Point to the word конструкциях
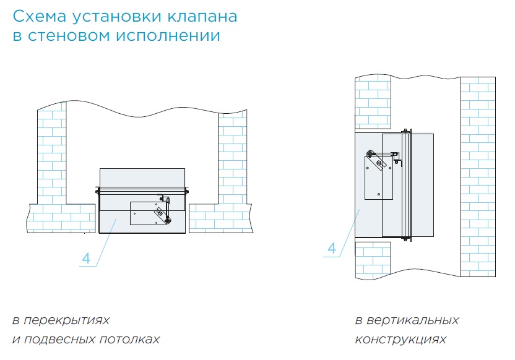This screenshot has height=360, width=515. click(x=400, y=340)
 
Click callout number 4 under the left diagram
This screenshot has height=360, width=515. click(x=86, y=259)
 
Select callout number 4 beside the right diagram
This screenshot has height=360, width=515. click(x=332, y=249)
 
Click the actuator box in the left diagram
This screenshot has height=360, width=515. click(x=149, y=213)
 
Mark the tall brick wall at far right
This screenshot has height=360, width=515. click(x=478, y=176)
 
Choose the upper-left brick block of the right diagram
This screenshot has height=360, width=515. click(x=372, y=102)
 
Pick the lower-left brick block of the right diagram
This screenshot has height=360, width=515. click(x=372, y=260)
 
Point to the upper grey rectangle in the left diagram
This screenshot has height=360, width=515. click(x=142, y=178)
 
